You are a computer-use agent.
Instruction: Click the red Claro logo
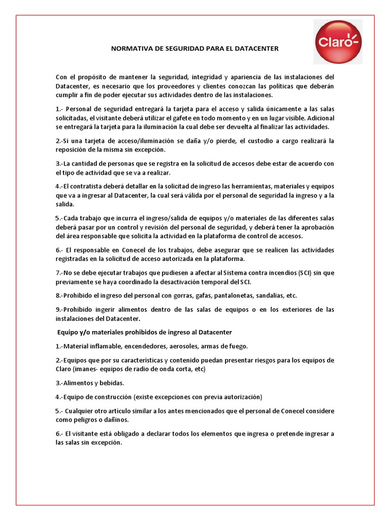pyautogui.click(x=337, y=42)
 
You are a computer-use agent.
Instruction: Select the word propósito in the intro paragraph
pyautogui.click(x=102, y=77)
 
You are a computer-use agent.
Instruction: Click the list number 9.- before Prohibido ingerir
pyautogui.click(x=60, y=309)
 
